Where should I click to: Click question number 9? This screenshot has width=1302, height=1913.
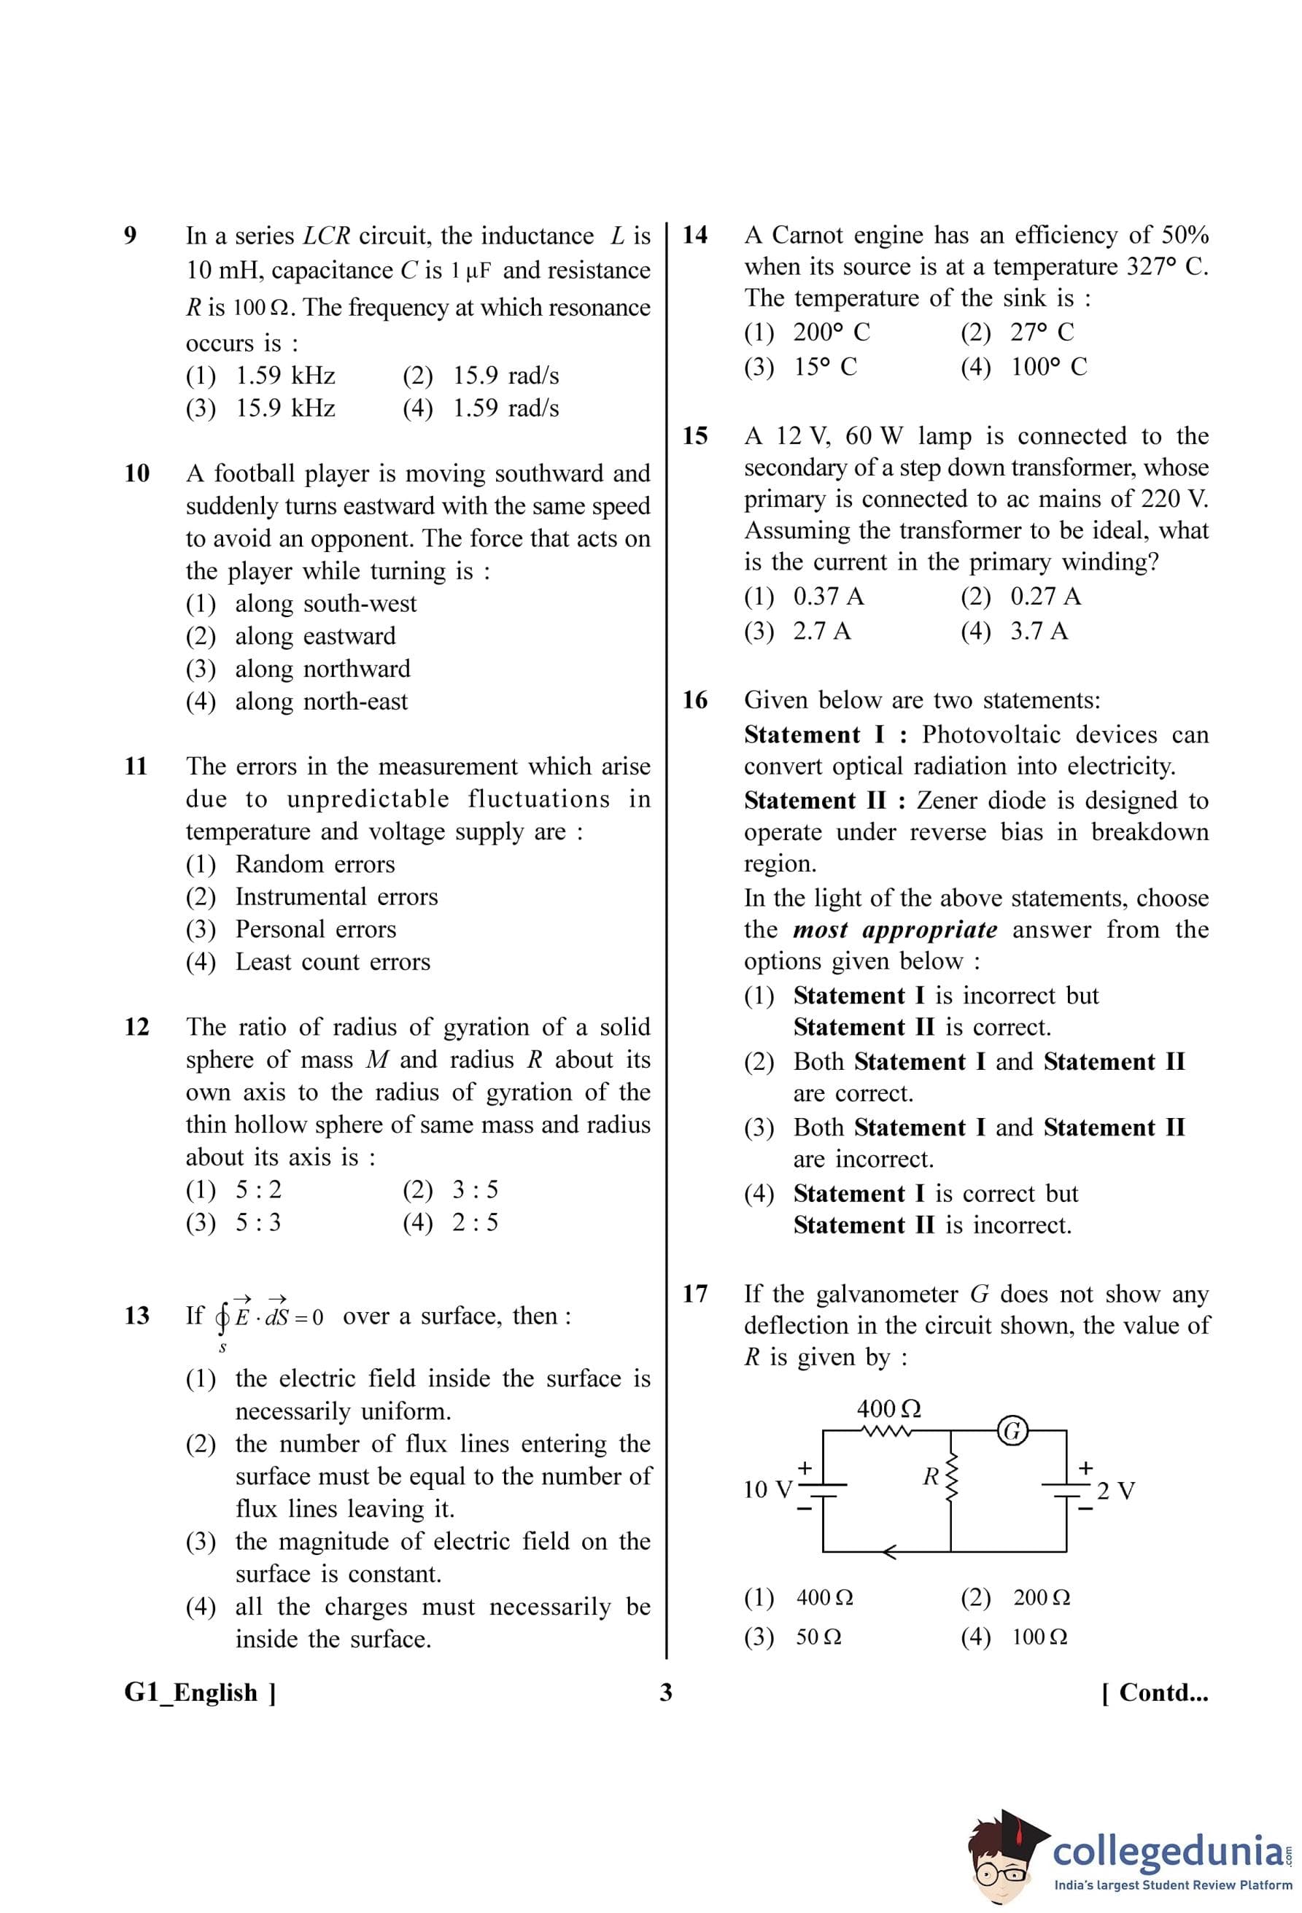(x=130, y=236)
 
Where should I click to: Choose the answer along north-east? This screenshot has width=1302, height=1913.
(x=321, y=702)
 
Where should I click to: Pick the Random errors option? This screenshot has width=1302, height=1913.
(x=314, y=864)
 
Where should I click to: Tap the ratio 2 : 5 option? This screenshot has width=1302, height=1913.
(x=474, y=1222)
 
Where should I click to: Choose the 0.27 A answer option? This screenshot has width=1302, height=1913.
(x=1045, y=596)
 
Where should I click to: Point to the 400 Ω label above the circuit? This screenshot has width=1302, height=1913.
(x=889, y=1408)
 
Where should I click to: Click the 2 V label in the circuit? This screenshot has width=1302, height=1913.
(x=1116, y=1491)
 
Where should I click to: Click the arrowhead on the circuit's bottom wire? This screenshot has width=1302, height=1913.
(x=890, y=1553)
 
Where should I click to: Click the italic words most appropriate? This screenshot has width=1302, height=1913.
(x=894, y=930)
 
